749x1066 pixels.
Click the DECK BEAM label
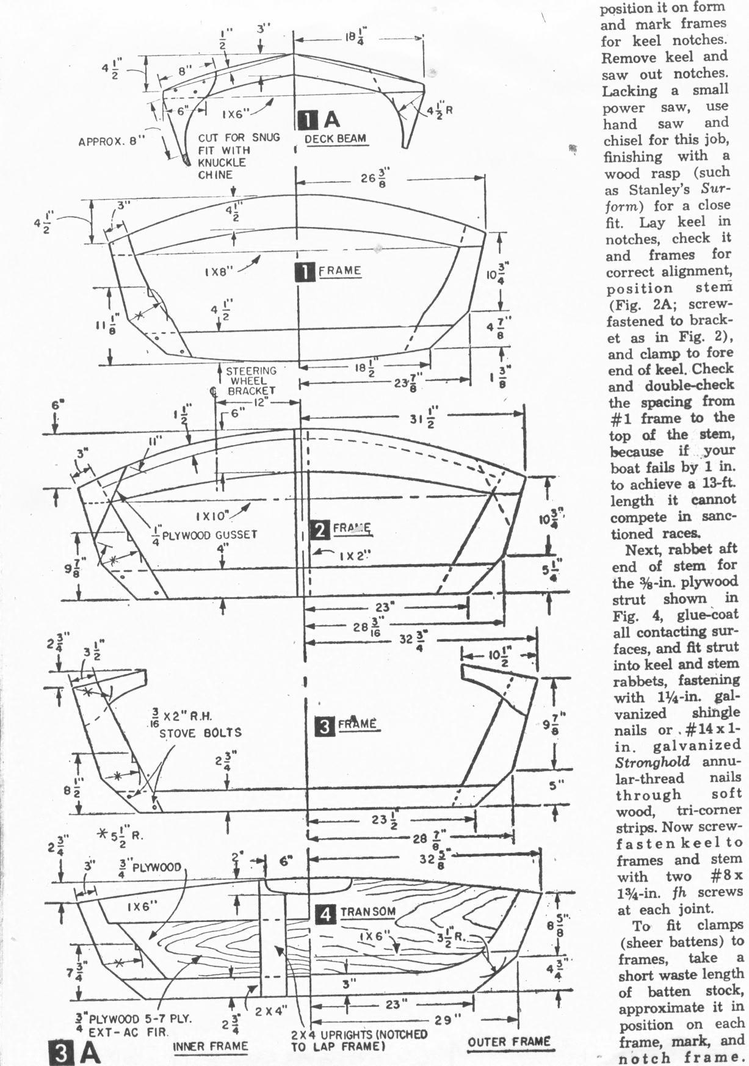pos(335,139)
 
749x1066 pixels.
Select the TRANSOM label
pos(367,912)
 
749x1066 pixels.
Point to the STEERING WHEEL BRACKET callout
pos(251,381)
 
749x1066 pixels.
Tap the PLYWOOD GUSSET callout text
pos(204,535)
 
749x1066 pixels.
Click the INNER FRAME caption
pos(211,1046)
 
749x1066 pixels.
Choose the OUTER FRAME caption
pos(509,1042)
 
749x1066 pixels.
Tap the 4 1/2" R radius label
pos(440,111)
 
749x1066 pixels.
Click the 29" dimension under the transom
pos(449,1020)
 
